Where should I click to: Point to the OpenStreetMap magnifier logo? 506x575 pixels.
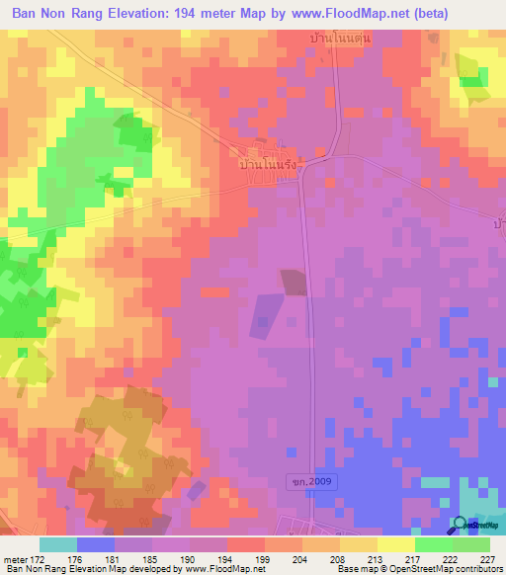461,525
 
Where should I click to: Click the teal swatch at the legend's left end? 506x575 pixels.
58,544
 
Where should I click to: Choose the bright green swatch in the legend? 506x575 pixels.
432,544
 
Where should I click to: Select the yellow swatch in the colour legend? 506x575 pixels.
357,544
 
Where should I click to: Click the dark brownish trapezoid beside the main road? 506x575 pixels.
295,282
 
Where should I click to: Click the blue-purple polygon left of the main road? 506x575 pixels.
265,317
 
